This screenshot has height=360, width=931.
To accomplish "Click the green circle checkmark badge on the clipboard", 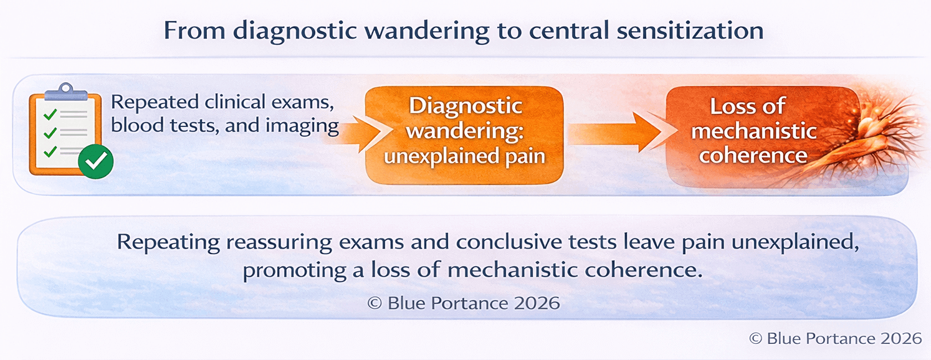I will click(96, 161).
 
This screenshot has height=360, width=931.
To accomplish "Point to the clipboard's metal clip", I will click(65, 91).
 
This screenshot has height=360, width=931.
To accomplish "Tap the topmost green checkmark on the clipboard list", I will click(51, 113).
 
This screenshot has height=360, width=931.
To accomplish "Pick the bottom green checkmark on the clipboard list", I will click(51, 151).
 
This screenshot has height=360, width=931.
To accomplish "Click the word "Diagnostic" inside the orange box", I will click(465, 106).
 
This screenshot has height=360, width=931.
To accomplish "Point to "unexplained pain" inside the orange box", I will click(464, 156).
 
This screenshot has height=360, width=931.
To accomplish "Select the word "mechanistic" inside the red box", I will click(754, 131).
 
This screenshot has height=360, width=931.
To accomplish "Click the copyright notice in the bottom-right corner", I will click(835, 338).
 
